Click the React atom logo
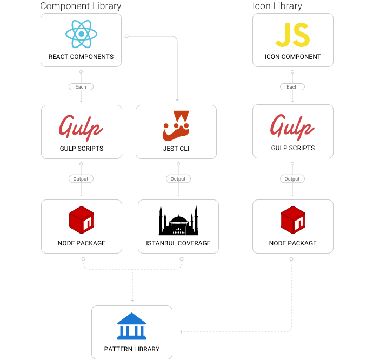tap(81, 34)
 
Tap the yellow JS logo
tap(292, 35)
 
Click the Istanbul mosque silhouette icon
tap(178, 220)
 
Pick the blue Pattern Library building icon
tap(131, 326)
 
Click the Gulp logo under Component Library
tap(81, 127)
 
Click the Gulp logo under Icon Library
tap(292, 127)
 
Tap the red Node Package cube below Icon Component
tap(292, 220)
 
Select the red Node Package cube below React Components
tap(81, 220)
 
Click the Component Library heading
tap(81, 6)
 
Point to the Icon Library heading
tap(277, 6)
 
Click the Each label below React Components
tap(81, 86)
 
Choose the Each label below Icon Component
tap(292, 86)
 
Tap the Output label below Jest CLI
tap(178, 179)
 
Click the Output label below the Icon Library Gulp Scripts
tap(292, 179)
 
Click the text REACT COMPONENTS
tap(81, 57)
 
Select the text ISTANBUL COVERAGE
tap(178, 243)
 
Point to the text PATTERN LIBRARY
tap(132, 349)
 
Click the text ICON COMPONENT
tap(292, 57)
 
